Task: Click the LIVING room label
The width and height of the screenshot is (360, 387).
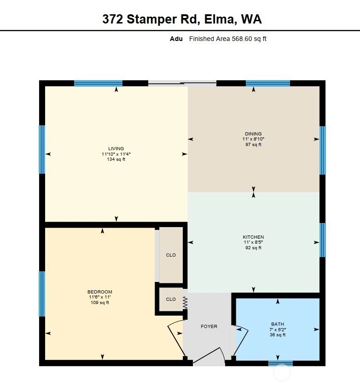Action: pyautogui.click(x=116, y=148)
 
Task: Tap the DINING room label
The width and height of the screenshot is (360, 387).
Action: pyautogui.click(x=253, y=134)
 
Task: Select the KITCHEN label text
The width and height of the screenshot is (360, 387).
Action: pyautogui.click(x=253, y=237)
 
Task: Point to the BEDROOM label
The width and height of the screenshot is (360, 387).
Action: pyautogui.click(x=99, y=292)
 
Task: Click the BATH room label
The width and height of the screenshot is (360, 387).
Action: pyautogui.click(x=278, y=324)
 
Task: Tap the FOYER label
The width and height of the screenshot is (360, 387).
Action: pyautogui.click(x=209, y=326)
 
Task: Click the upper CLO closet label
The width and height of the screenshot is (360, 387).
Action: pyautogui.click(x=171, y=255)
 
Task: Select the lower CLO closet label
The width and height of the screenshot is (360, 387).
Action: pyautogui.click(x=171, y=299)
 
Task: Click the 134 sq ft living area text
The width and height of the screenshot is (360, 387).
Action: pyautogui.click(x=116, y=159)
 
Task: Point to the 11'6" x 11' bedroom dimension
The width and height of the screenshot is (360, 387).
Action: pyautogui.click(x=99, y=297)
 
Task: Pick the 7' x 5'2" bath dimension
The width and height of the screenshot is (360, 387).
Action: pyautogui.click(x=278, y=329)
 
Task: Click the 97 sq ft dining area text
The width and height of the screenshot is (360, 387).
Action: pyautogui.click(x=253, y=145)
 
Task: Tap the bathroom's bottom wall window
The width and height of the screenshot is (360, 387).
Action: pyautogui.click(x=281, y=363)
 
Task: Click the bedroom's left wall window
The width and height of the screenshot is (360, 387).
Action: pyautogui.click(x=42, y=294)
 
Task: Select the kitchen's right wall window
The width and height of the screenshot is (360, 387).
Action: pyautogui.click(x=323, y=240)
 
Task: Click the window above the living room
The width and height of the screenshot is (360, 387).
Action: pyautogui.click(x=99, y=83)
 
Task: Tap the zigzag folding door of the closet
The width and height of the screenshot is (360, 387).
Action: pyautogui.click(x=185, y=303)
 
